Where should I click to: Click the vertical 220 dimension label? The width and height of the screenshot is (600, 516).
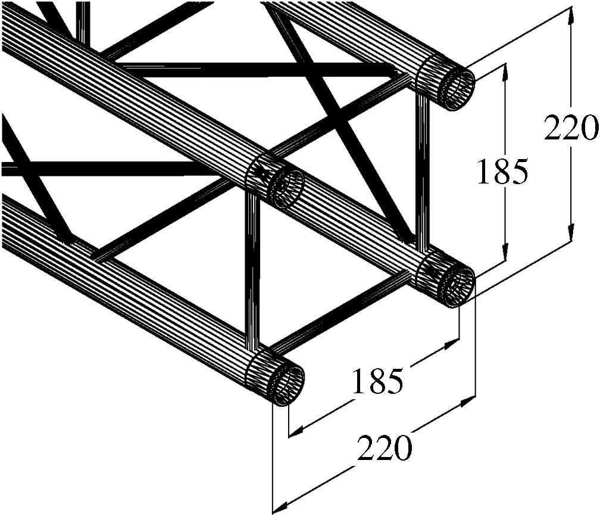tap(570, 128)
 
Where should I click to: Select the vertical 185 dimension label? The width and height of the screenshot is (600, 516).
tap(503, 172)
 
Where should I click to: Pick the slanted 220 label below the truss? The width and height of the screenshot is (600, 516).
tap(385, 447)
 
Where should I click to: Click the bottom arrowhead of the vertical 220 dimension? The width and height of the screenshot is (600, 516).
tap(571, 235)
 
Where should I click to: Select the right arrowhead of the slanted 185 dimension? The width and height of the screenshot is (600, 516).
tap(454, 344)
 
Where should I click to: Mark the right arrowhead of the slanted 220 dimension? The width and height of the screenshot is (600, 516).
tap(470, 399)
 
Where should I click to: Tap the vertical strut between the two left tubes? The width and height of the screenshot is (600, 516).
tap(252, 274)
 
